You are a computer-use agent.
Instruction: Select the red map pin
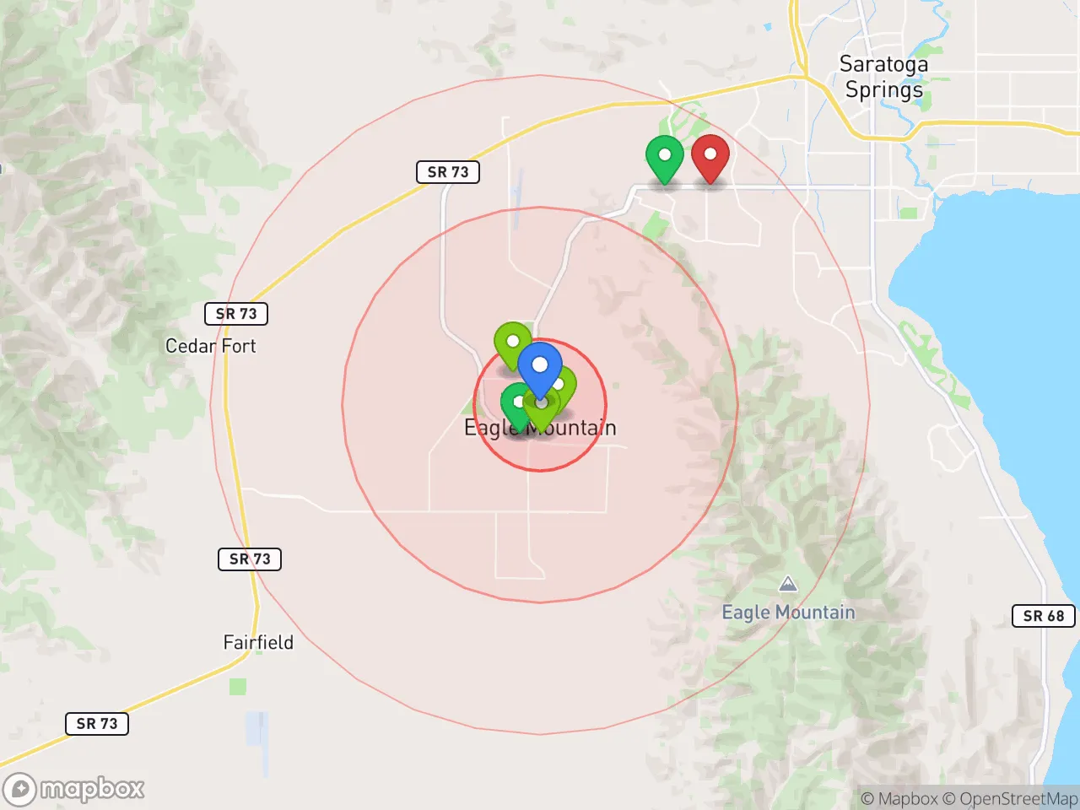710,155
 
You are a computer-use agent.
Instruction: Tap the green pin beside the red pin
664,156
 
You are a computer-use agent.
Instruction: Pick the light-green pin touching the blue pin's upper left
511,343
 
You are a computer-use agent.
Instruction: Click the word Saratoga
883,64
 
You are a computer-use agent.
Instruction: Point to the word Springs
883,89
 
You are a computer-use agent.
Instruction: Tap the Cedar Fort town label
210,346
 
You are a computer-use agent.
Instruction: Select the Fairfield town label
258,642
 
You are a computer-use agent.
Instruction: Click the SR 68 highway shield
1043,616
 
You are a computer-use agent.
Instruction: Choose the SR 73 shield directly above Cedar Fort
236,314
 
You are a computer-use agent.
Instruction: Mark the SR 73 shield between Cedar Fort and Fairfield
250,559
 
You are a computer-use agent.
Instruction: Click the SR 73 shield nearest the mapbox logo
97,723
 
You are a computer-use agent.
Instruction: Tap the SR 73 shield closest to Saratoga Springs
448,172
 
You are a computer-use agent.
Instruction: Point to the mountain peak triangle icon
787,584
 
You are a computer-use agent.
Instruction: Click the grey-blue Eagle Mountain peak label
788,613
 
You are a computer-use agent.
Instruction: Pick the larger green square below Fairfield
238,686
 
